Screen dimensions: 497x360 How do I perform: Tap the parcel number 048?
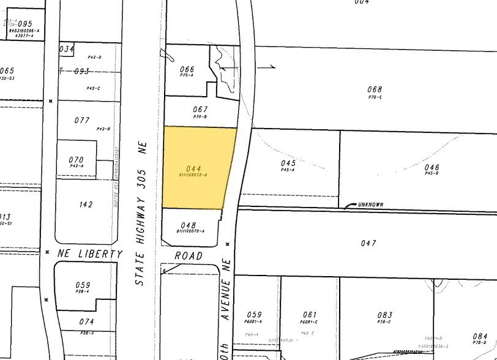point(189,225)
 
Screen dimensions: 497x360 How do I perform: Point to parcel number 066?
point(187,69)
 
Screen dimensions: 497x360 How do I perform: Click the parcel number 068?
point(375,89)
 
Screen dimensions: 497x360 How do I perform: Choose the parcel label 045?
point(288,163)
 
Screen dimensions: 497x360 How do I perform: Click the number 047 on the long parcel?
point(368,243)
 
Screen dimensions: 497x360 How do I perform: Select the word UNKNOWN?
point(370,204)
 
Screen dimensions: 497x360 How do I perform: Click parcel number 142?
point(86,204)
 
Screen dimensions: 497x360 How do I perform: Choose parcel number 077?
point(82,120)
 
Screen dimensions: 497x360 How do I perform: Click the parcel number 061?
point(310,315)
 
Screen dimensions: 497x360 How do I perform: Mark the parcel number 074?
point(86,321)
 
